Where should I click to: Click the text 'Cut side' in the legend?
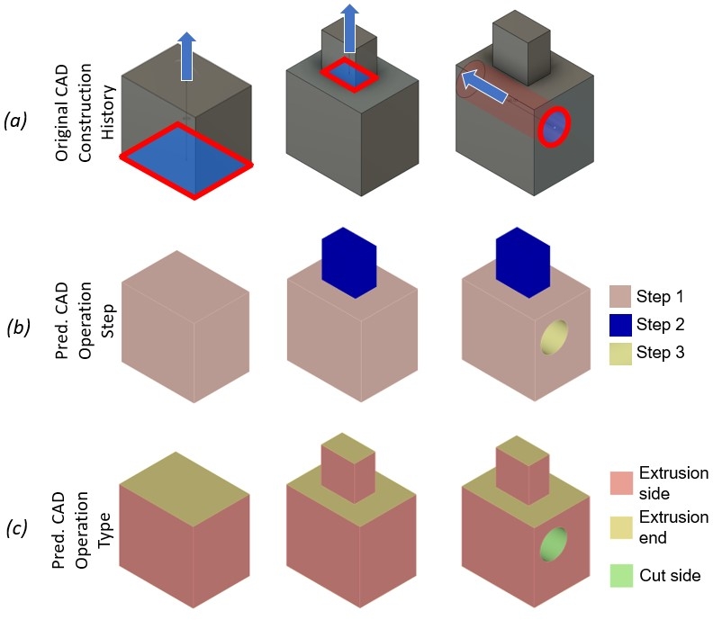[x=668, y=575]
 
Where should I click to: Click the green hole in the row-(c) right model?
[x=554, y=546]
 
